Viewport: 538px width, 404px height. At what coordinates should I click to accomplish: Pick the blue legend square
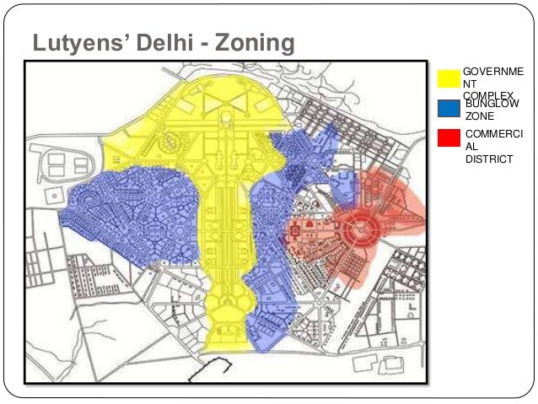tap(449, 108)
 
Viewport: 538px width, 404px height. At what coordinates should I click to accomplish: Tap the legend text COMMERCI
tap(493, 134)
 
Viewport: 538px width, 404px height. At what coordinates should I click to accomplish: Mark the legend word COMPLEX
tap(487, 95)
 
